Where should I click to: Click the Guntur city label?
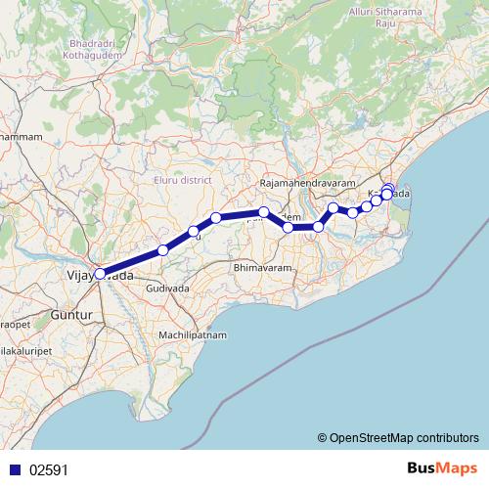(x=71, y=317)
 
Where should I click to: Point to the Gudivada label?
(x=165, y=290)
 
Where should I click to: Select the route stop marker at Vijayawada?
(x=100, y=275)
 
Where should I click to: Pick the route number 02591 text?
(x=48, y=469)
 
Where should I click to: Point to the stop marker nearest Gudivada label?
(x=163, y=250)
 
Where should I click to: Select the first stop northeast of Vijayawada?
(x=163, y=250)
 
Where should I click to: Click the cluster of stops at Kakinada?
(x=387, y=192)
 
